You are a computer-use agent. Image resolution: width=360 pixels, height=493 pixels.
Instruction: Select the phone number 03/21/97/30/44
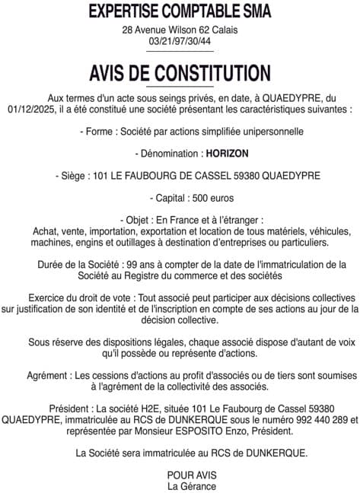(x=180, y=41)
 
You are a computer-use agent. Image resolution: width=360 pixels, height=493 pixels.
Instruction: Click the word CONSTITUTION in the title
(x=212, y=74)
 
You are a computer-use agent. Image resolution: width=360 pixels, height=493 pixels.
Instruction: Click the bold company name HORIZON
(x=226, y=153)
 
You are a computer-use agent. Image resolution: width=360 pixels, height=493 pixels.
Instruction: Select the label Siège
(x=70, y=176)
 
